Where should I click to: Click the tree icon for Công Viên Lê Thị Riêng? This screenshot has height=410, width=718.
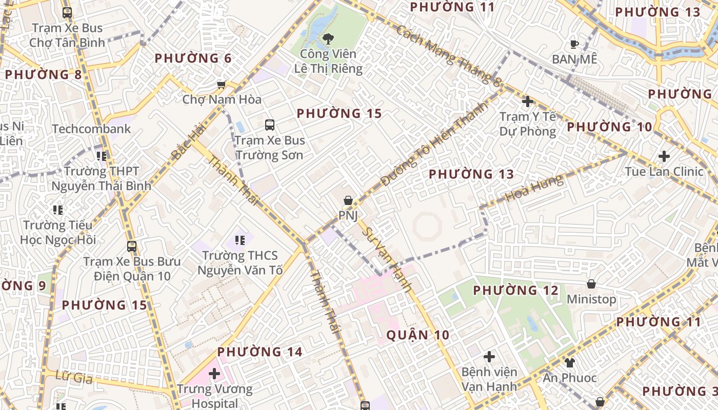click(328, 38)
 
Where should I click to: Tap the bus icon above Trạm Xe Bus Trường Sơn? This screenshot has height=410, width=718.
click(269, 125)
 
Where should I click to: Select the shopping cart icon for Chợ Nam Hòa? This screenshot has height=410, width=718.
click(222, 85)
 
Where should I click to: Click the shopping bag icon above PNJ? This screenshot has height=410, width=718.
click(348, 200)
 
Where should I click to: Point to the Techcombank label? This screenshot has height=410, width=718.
click(91, 129)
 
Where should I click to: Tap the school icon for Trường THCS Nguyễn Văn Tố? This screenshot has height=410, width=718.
click(240, 239)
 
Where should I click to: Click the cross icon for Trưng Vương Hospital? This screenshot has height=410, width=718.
click(214, 374)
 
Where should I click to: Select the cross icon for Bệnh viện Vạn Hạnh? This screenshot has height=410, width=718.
click(489, 356)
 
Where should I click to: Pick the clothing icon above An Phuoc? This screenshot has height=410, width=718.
click(570, 363)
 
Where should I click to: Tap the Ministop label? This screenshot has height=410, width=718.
click(591, 299)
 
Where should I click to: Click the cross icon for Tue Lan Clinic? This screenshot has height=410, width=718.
click(664, 156)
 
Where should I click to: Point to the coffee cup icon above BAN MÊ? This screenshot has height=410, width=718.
click(574, 44)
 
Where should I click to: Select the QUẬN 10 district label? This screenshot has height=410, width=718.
click(417, 335)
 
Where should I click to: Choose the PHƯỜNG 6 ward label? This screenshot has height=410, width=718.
click(193, 58)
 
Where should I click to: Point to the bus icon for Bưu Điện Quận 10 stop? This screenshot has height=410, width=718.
click(132, 247)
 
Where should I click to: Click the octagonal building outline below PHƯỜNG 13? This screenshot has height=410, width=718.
click(427, 227)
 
